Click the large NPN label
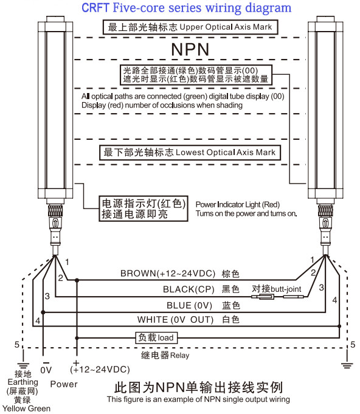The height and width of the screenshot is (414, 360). point(190,49)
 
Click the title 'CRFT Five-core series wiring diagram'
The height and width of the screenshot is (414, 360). point(186,8)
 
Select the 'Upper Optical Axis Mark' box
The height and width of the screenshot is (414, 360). point(190,27)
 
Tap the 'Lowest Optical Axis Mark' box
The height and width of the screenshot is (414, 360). point(190,153)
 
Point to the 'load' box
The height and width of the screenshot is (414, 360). point(156,337)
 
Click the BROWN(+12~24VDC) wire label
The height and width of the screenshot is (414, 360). point(168,274)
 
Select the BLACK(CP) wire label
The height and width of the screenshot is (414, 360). point(189,289)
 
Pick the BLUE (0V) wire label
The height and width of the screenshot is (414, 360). point(189,305)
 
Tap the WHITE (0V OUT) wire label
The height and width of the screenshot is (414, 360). point(175,320)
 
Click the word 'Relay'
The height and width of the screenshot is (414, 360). point(179,356)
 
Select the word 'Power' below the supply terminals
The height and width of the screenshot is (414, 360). point(64,384)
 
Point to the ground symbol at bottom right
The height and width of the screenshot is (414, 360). point(347,365)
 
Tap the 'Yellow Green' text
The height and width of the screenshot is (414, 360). point(26,409)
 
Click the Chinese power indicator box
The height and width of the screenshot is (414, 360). point(144,209)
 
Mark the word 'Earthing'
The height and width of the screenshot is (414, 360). point(23,382)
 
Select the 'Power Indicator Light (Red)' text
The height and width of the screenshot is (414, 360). point(237,205)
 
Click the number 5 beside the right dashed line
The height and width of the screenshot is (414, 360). point(353,345)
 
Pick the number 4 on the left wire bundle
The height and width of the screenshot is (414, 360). point(38,321)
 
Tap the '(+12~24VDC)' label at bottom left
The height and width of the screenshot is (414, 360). point(100,370)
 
